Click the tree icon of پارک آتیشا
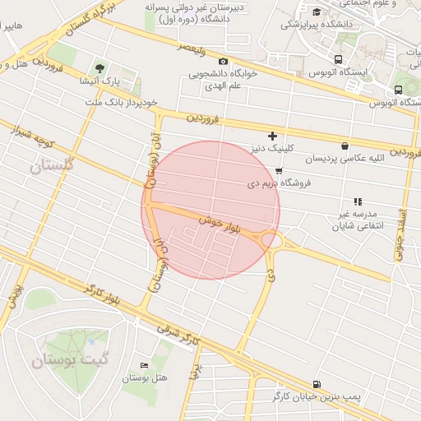99,68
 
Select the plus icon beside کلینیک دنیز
273,136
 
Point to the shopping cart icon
279,171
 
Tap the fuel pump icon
317,384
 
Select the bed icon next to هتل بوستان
146,364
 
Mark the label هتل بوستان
140,378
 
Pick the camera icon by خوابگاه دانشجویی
223,62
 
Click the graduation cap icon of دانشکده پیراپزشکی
317,11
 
